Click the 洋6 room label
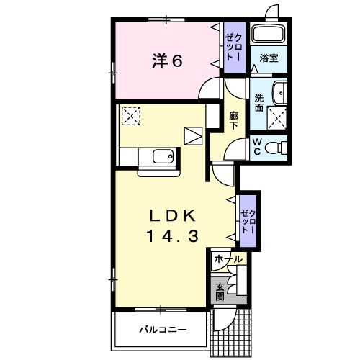coord(167,61)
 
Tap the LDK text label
coord(173,215)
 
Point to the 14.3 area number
coord(173,235)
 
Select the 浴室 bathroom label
coord(269,58)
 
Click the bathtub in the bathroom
coord(269,34)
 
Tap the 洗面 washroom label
coord(259,103)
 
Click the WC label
coord(257,147)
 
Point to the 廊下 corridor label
coord(233,121)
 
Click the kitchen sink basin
coord(163,156)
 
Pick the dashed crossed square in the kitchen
coord(131,116)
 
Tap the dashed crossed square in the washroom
coord(277,118)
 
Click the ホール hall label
coord(228,259)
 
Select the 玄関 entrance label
coord(220,292)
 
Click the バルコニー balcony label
coord(163,330)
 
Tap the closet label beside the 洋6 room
coord(235,48)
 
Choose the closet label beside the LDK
coord(248,221)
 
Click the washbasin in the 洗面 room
coord(280,93)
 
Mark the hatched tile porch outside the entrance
coord(231,333)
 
